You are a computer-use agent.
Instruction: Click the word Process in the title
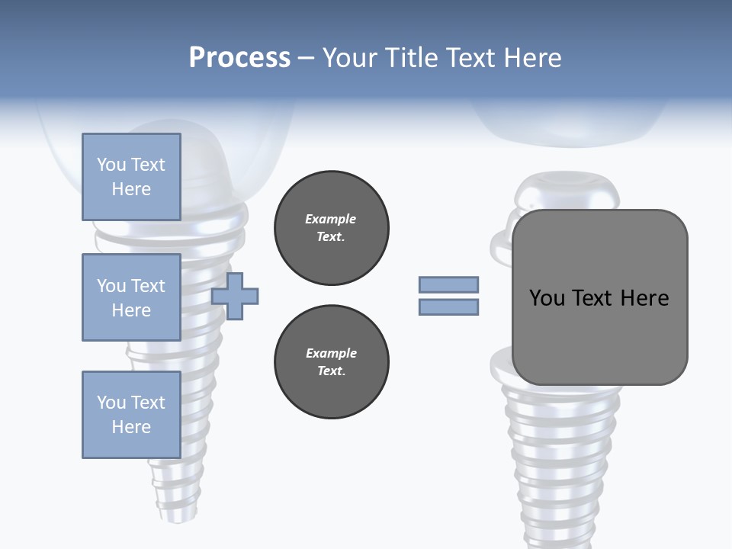pos(239,58)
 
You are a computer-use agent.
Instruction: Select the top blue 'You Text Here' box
pos(131,177)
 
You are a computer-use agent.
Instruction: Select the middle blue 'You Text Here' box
pos(131,297)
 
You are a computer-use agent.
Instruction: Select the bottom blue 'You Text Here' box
pos(131,415)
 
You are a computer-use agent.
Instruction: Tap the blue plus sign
pos(235,296)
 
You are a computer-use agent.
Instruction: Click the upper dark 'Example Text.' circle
pos(331,228)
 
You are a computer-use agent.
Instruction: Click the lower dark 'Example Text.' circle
pos(331,362)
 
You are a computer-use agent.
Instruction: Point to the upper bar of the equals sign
pos(448,284)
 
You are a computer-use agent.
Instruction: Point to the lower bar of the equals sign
pos(448,307)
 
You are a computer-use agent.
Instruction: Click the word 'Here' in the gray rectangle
pos(644,298)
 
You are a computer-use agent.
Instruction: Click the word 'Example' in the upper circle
pos(331,219)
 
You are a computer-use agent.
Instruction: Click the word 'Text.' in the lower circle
pos(331,371)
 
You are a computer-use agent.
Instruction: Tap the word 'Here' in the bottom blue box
pos(131,427)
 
